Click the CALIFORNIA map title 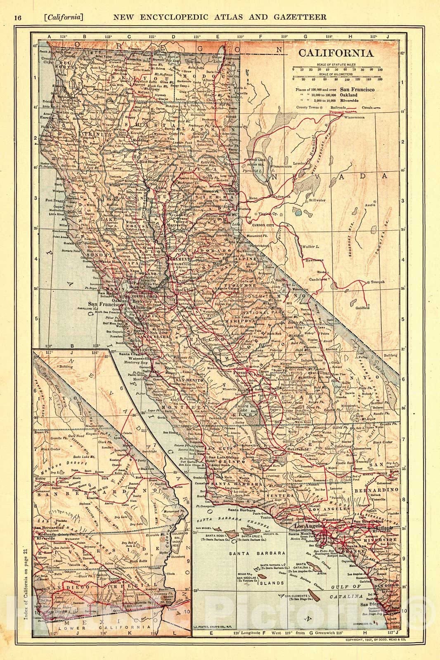(336, 53)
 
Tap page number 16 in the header (18, 17)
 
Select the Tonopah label (377, 282)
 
